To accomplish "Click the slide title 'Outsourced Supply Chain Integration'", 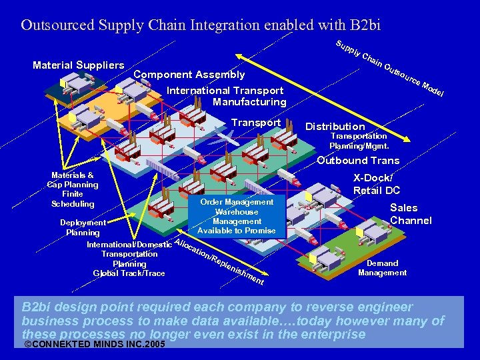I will [201, 25].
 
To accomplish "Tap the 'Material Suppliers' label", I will [79, 65].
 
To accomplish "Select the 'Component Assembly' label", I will [189, 75].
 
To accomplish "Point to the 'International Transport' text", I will [225, 91].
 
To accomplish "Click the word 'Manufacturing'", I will [249, 102].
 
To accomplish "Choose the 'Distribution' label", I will [335, 126].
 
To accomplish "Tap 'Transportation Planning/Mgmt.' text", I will [359, 141].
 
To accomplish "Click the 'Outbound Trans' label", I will [358, 160].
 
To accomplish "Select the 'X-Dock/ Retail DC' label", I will [377, 184].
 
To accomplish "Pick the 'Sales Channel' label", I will [411, 214].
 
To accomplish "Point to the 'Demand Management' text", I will [382, 267].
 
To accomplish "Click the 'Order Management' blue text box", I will [237, 216].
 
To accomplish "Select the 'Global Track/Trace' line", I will [129, 273].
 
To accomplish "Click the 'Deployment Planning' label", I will [83, 227].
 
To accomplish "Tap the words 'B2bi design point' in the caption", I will [67, 308].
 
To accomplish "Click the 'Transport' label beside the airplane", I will [255, 123].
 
